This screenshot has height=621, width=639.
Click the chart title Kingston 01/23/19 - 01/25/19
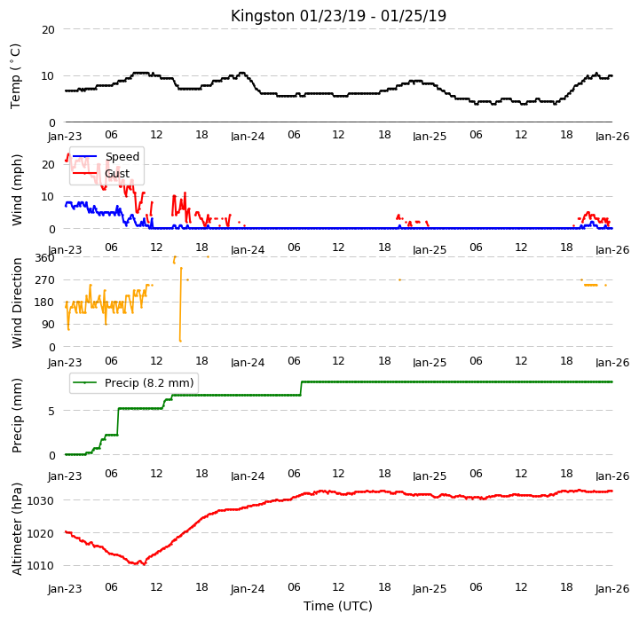pos(338,16)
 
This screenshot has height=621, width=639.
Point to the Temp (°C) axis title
pos(15,76)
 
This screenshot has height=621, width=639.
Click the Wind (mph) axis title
pos(17,190)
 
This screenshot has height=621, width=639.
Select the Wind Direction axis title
pos(17,303)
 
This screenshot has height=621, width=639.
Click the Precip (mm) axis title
pos(17,416)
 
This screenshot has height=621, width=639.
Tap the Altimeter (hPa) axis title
pos(17,529)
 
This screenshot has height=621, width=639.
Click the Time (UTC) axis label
pos(338,606)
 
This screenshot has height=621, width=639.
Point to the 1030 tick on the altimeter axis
pos(40,501)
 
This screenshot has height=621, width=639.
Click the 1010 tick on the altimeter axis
pos(40,566)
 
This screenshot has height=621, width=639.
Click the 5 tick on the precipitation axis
pos(51,411)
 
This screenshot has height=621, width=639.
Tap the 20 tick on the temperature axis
pos(48,30)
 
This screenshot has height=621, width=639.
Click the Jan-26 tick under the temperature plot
pos(612,136)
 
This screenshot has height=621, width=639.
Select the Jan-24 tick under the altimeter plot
pos(248,589)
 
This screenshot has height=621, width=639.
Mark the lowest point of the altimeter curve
pos(145,564)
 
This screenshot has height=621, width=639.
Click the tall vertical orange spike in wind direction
pos(180,304)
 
